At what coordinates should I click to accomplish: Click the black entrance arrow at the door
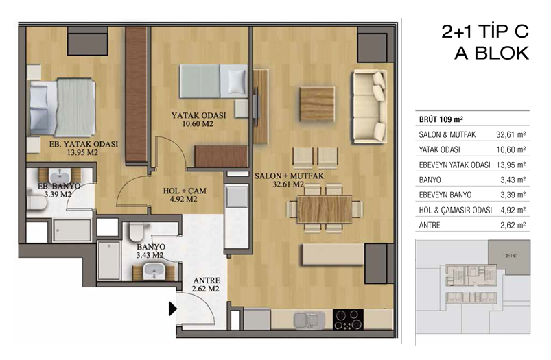pyautogui.click(x=172, y=309)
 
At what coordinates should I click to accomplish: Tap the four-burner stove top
pyautogui.click(x=348, y=320)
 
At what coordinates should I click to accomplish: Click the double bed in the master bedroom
pyautogui.click(x=62, y=107)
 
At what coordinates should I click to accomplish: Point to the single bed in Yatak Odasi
pyautogui.click(x=213, y=81)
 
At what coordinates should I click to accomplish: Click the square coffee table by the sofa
pyautogui.click(x=317, y=104)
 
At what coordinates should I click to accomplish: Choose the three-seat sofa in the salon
pyautogui.click(x=370, y=106)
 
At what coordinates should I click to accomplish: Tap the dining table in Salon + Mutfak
pyautogui.click(x=325, y=209)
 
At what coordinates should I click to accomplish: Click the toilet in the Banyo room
pyautogui.click(x=136, y=231)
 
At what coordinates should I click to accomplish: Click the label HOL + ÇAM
pyautogui.click(x=185, y=191)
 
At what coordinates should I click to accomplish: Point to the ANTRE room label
pyautogui.click(x=207, y=280)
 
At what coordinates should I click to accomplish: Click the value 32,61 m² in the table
pyautogui.click(x=511, y=134)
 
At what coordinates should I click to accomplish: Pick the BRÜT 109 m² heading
pyautogui.click(x=441, y=119)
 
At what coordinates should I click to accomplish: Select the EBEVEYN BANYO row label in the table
pyautogui.click(x=445, y=195)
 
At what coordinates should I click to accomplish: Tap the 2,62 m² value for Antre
pyautogui.click(x=513, y=225)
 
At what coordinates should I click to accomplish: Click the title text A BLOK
pyautogui.click(x=492, y=53)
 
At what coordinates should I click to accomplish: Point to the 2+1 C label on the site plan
pyautogui.click(x=511, y=256)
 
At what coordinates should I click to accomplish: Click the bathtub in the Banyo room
pyautogui.click(x=109, y=261)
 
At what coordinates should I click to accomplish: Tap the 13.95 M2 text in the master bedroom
pyautogui.click(x=82, y=152)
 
